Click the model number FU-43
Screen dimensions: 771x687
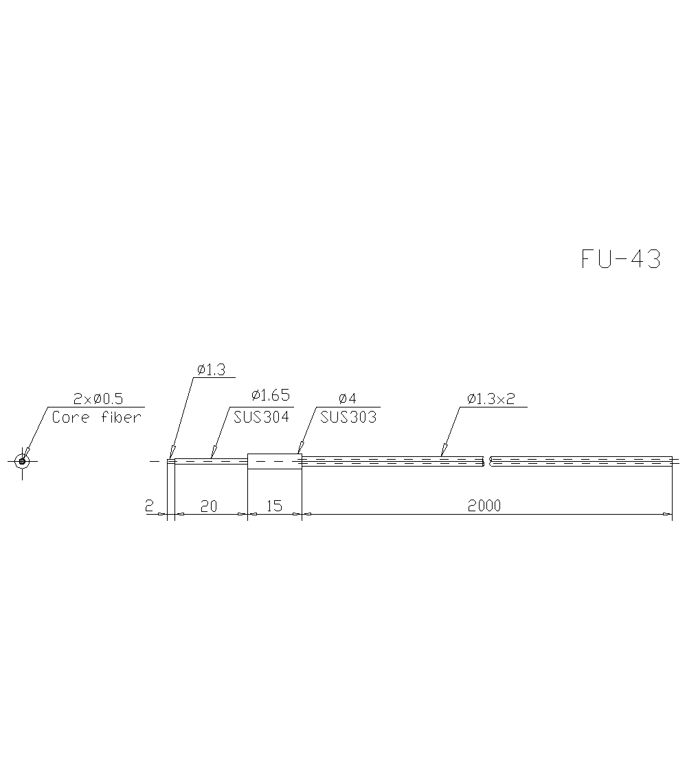click(x=620, y=259)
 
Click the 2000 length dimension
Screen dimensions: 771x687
click(x=484, y=506)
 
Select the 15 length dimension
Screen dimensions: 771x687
click(x=273, y=506)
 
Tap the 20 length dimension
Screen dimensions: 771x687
click(x=208, y=506)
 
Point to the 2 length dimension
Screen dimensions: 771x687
click(x=149, y=506)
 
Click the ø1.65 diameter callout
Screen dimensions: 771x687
click(x=270, y=395)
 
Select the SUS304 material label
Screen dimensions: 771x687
click(x=262, y=417)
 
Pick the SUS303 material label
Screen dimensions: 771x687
click(x=348, y=417)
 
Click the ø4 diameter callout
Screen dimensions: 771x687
click(x=348, y=399)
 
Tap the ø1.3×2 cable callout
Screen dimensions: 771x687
click(x=491, y=399)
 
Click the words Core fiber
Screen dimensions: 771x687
click(x=96, y=417)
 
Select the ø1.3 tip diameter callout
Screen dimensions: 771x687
click(x=211, y=370)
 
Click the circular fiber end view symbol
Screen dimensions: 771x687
click(x=23, y=460)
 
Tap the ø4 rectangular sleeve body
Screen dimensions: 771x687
click(x=274, y=461)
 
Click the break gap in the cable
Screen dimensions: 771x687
click(x=488, y=461)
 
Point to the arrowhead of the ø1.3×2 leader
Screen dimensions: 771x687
click(x=442, y=453)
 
